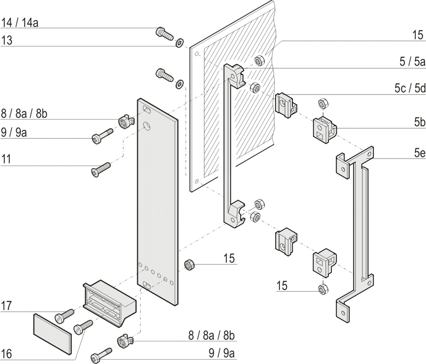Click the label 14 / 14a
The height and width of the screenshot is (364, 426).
coord(20,23)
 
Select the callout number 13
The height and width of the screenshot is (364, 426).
coord(7,40)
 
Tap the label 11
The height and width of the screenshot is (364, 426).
coord(7,160)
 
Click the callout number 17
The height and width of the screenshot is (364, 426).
coord(7,306)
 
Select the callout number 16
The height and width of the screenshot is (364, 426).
coord(7,354)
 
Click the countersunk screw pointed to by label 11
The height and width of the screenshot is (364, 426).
coord(101,170)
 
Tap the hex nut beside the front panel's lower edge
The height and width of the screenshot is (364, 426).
coord(190,265)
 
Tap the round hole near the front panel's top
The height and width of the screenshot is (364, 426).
coord(146,127)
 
